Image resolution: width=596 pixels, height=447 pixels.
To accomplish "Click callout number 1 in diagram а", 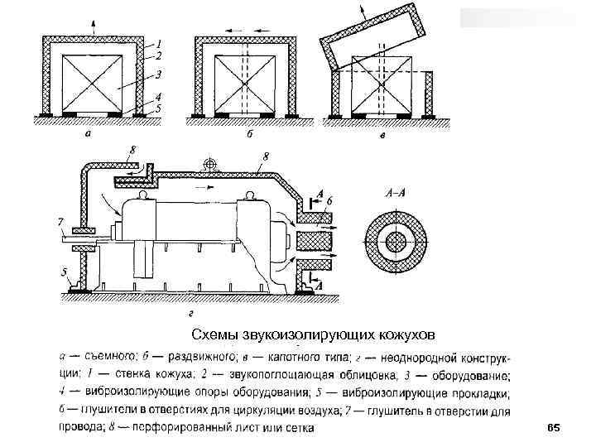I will point(159,42).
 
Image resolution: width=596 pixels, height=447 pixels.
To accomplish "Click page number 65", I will point(554,427).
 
